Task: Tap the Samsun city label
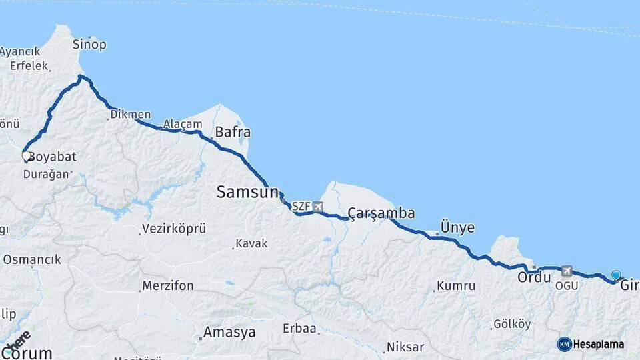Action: tap(247, 193)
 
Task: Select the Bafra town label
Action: tap(232, 133)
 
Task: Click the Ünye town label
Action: tap(457, 227)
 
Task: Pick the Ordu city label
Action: tap(534, 277)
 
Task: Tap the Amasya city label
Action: tap(229, 332)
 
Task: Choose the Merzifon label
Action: tap(168, 286)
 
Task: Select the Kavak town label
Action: tap(252, 244)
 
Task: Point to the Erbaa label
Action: tap(299, 329)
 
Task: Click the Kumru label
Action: tap(456, 286)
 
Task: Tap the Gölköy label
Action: tap(512, 325)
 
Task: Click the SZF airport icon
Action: tap(317, 207)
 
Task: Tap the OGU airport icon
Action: tap(567, 271)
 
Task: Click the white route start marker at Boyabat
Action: tap(26, 156)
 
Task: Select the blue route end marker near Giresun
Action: tap(616, 275)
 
